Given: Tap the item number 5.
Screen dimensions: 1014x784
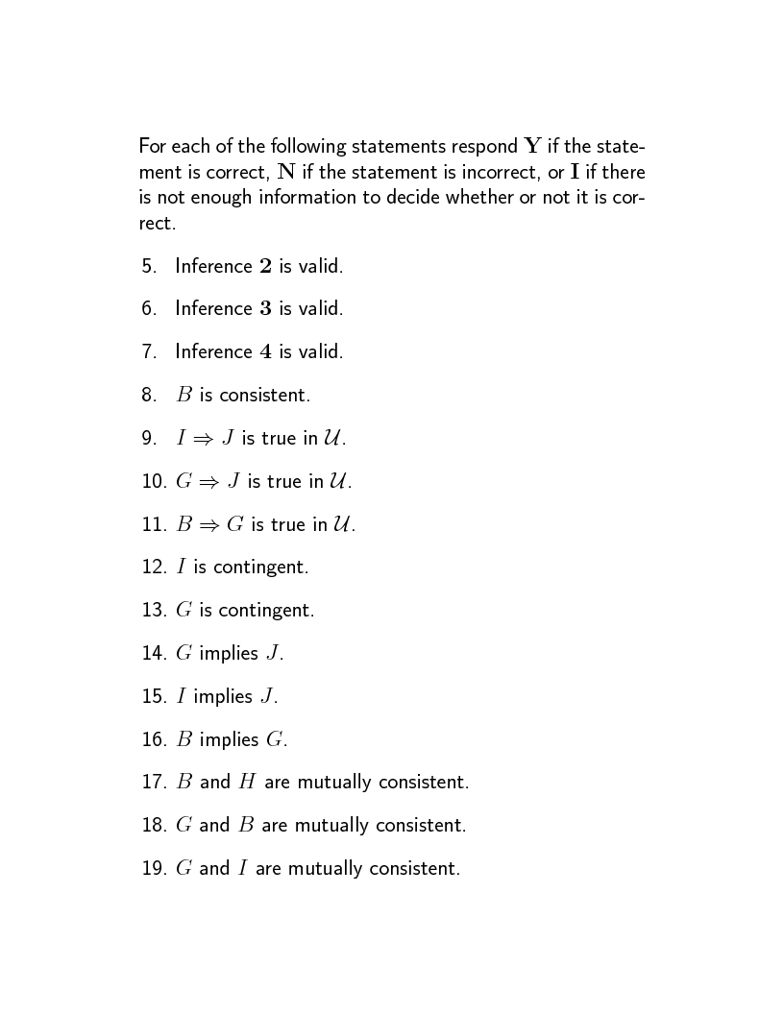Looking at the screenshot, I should (x=149, y=266).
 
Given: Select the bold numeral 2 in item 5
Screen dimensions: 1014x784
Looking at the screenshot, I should (x=265, y=266).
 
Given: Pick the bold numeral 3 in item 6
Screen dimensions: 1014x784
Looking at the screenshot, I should (x=265, y=309).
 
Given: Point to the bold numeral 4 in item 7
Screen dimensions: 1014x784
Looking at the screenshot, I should (x=265, y=352).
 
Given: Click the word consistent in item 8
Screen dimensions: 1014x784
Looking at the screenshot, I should (x=264, y=395).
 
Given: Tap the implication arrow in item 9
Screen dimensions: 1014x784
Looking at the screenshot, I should (x=203, y=439).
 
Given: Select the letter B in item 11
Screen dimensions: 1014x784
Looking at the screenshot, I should (x=184, y=524).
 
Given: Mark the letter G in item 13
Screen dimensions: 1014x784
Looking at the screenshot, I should (x=184, y=610).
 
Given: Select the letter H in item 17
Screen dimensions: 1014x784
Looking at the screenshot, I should (x=247, y=783).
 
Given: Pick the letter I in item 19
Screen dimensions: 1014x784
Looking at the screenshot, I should (x=243, y=869).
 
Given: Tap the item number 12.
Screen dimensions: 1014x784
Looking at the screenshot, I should (x=154, y=567).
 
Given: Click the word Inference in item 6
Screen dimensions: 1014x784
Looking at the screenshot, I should (x=213, y=309).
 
